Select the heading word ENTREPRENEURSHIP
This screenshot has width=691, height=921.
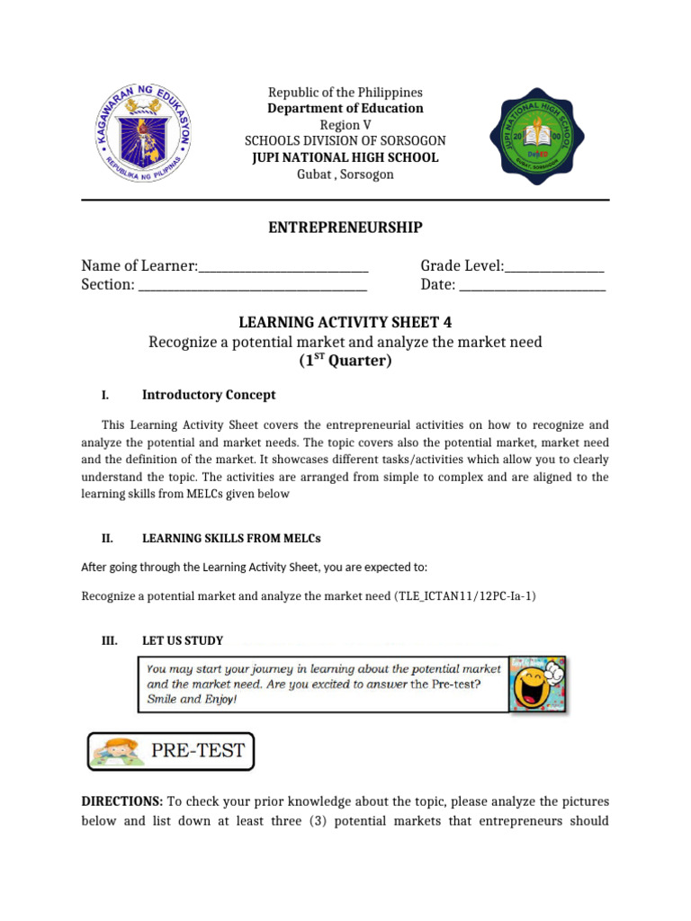pyautogui.click(x=345, y=228)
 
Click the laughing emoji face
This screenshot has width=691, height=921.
pyautogui.click(x=536, y=684)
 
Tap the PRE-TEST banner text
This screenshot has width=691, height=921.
pyautogui.click(x=199, y=750)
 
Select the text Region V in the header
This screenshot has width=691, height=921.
pyautogui.click(x=345, y=125)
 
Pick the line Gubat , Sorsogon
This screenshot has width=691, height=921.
pyautogui.click(x=345, y=174)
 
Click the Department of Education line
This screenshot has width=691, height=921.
pyautogui.click(x=345, y=109)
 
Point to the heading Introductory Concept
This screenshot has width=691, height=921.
pyautogui.click(x=209, y=395)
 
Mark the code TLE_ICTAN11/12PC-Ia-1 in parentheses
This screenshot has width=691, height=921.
pyautogui.click(x=465, y=596)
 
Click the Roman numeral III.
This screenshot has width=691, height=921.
pyautogui.click(x=108, y=640)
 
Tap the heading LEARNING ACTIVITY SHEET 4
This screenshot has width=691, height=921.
pyautogui.click(x=345, y=323)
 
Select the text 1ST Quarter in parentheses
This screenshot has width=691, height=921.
pyautogui.click(x=345, y=362)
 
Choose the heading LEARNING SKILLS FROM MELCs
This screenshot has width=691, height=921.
pyautogui.click(x=231, y=539)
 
